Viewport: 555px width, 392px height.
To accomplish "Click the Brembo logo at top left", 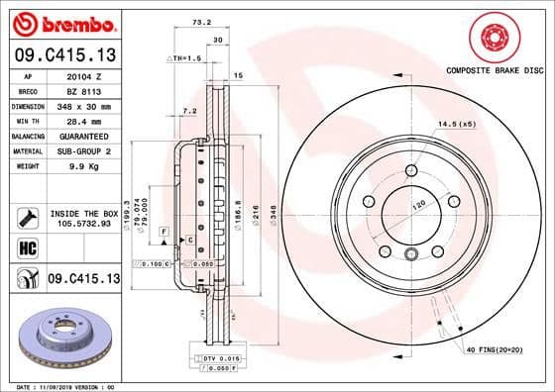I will click(61, 22).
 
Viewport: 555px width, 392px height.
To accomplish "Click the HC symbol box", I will click(27, 245).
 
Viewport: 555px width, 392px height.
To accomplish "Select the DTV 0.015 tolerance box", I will click(221, 356).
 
